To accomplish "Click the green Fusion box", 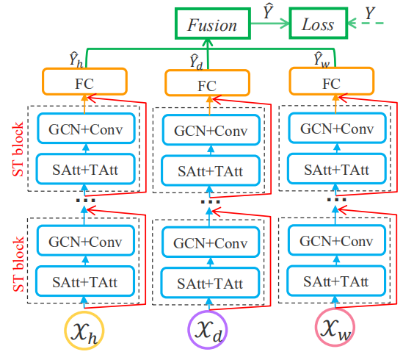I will coord(212,24).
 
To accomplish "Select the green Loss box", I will coord(317,24).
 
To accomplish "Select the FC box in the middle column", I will coord(208,82).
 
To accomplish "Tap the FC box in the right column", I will coord(333,81).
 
